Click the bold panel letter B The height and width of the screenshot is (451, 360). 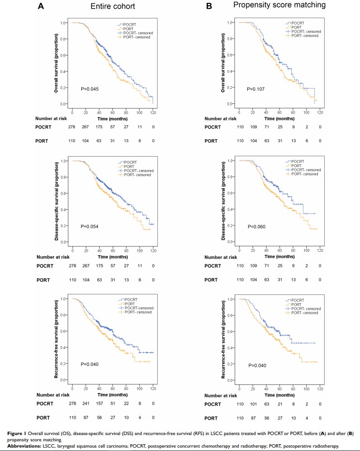point(209,6)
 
